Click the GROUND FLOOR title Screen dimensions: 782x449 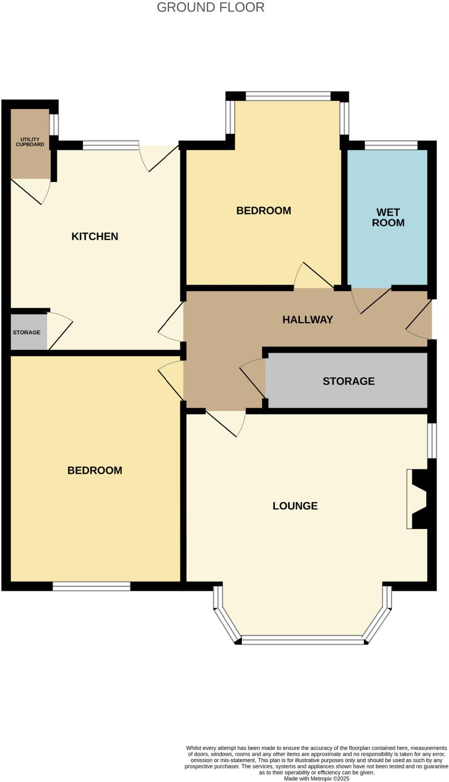click(211, 7)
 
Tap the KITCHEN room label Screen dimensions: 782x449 click(95, 236)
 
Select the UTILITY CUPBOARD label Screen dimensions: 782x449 click(30, 142)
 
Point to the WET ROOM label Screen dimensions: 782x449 click(388, 217)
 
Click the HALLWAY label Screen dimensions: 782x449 click(307, 320)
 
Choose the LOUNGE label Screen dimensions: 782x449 click(295, 506)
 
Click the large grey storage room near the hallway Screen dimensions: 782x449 click(348, 381)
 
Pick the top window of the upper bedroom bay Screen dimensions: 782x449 click(288, 96)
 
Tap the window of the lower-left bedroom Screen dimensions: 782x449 click(91, 586)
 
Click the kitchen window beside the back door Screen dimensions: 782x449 click(110, 145)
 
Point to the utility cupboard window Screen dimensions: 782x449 click(54, 124)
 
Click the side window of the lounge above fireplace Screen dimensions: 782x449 click(431, 440)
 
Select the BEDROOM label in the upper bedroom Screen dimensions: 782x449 click(264, 210)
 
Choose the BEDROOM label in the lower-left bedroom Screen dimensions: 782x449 click(95, 470)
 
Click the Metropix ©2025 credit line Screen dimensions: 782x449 click(316, 779)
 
